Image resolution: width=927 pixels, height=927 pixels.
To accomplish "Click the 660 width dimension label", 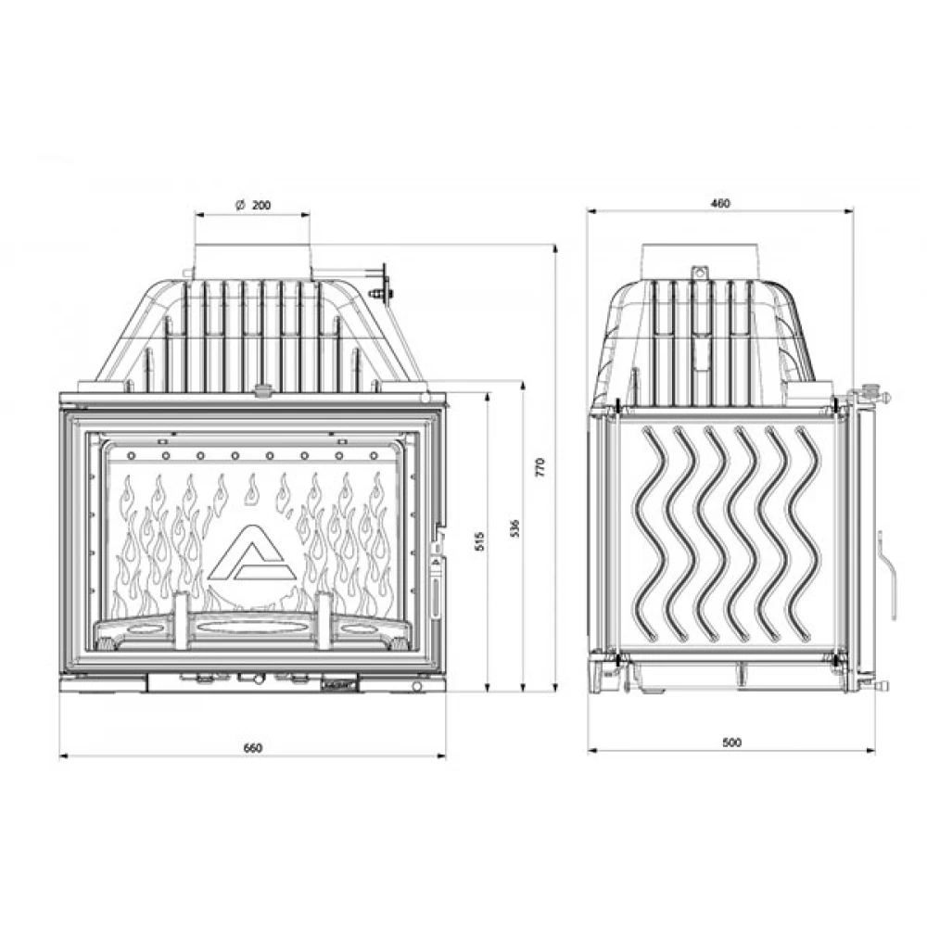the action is [252, 748].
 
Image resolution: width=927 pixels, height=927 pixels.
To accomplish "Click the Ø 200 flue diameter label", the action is [253, 205].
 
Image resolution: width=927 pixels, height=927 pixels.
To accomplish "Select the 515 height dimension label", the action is [480, 541].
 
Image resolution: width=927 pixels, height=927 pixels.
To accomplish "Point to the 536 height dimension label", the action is [514, 528].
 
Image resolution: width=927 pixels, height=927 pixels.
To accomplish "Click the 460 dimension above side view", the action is [720, 203].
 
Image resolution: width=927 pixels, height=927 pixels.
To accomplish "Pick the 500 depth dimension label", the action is [731, 743].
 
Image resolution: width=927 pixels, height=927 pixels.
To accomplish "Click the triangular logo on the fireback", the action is [252, 553].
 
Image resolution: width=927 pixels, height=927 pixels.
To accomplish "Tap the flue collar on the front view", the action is [252, 260].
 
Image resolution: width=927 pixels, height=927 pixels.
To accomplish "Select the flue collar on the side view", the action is [700, 260].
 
